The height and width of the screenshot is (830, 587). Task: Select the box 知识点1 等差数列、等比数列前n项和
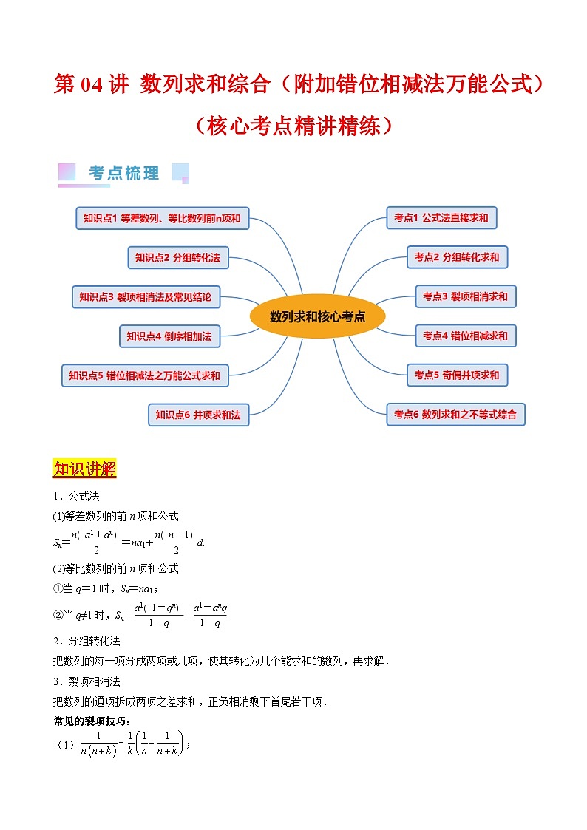coord(162,218)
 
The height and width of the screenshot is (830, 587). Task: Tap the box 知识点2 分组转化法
coord(177,257)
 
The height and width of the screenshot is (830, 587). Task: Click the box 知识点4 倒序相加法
coord(169,336)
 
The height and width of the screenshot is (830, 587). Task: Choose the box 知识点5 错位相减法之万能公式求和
coord(144,375)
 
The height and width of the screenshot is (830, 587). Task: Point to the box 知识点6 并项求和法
coord(198,415)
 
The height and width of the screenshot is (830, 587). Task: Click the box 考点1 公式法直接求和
coord(441,218)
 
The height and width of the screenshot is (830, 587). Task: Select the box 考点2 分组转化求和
coord(456,257)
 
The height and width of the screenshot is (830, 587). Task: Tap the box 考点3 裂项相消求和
coord(465,296)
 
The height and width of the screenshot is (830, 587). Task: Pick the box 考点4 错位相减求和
coord(465,336)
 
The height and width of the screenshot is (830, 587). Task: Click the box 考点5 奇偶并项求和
coord(456,375)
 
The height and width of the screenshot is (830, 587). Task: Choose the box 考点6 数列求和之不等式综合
coord(455,414)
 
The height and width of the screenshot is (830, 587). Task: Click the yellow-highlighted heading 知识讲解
coord(85,469)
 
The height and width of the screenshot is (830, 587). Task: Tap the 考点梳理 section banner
coord(123,173)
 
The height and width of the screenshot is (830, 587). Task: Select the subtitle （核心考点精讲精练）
coord(293,126)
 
